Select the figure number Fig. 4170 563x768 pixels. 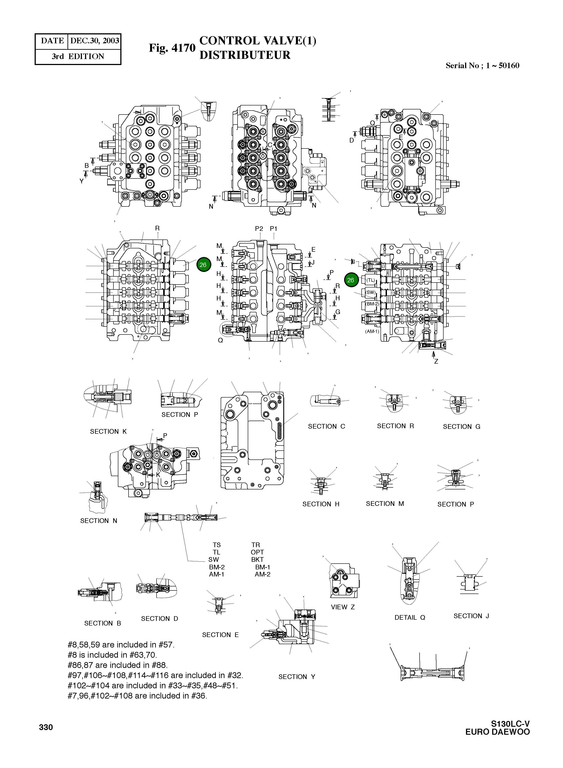point(172,48)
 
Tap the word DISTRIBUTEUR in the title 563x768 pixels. point(245,55)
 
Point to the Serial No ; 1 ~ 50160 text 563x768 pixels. point(482,66)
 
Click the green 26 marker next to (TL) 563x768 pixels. point(351,280)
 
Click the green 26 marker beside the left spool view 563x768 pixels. point(203,265)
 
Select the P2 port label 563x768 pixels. point(259,229)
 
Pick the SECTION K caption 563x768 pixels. point(108,431)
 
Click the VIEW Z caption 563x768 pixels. point(343,607)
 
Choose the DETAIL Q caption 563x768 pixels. point(410,618)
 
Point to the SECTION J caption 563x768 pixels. point(471,616)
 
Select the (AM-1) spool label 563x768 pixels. point(372,331)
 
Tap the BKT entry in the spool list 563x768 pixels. point(257,560)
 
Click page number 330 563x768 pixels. point(46,727)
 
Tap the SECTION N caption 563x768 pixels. point(99,521)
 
